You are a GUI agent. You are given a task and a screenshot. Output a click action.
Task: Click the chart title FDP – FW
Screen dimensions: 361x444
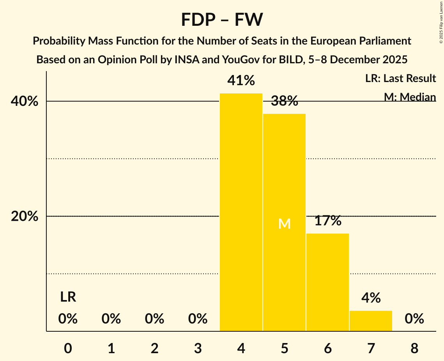tap(222, 20)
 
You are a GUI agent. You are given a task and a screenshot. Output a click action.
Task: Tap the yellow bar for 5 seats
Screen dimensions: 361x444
tap(284, 222)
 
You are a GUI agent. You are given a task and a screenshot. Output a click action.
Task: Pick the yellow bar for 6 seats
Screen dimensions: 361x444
tap(327, 282)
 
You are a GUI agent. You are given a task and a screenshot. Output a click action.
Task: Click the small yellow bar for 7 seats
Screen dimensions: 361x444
tap(371, 321)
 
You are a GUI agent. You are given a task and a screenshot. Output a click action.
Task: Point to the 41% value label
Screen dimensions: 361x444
tap(241, 81)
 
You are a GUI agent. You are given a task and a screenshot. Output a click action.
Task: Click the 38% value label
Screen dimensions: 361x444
tap(284, 102)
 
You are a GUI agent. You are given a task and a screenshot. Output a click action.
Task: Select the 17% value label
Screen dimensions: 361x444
tap(327, 221)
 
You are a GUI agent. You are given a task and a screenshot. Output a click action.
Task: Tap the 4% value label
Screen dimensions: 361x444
tap(371, 298)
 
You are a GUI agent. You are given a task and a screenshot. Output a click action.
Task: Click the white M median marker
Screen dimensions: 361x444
tap(284, 224)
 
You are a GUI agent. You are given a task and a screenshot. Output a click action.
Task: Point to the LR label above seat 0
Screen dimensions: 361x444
tap(68, 298)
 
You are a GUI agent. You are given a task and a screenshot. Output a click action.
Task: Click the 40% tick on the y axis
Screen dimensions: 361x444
tap(25, 102)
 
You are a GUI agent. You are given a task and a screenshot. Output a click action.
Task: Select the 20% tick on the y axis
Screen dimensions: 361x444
tap(25, 216)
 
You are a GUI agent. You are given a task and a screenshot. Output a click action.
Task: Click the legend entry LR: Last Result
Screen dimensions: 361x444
tap(400, 79)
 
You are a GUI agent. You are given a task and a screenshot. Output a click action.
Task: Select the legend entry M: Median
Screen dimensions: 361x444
tap(410, 97)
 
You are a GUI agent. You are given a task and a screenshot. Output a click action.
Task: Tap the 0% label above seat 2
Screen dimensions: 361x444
tap(154, 319)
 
